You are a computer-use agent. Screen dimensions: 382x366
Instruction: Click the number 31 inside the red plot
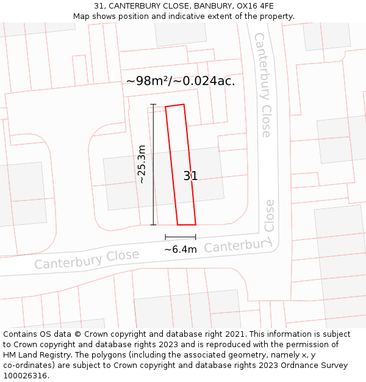click(190, 176)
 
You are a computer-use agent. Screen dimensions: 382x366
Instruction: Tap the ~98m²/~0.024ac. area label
click(181, 81)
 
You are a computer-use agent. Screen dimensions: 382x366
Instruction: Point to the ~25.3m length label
click(142, 164)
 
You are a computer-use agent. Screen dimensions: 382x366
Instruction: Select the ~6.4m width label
click(181, 249)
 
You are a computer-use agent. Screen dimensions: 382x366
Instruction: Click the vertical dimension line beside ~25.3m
click(154, 164)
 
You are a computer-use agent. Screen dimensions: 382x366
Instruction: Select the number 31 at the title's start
click(99, 6)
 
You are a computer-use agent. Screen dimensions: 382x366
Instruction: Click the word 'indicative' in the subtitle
click(181, 17)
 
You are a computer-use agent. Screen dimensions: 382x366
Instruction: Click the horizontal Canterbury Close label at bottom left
click(87, 260)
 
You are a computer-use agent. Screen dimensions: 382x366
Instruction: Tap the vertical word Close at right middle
click(269, 216)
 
